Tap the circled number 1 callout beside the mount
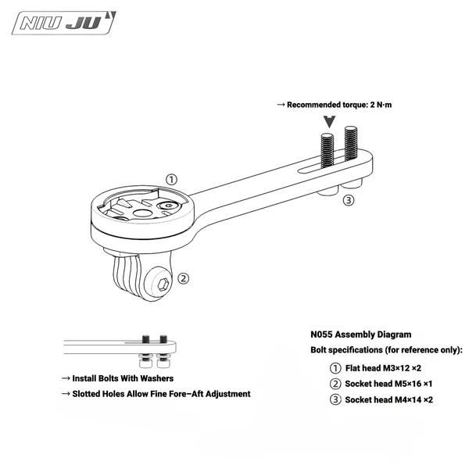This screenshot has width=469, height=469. click(x=172, y=179)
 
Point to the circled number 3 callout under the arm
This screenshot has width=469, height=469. click(x=349, y=200)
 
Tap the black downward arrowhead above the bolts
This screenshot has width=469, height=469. click(x=331, y=122)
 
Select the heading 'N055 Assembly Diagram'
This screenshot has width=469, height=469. click(x=361, y=334)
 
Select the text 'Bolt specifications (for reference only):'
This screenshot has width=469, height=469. click(x=387, y=349)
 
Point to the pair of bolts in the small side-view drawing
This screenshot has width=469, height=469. click(x=154, y=349)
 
